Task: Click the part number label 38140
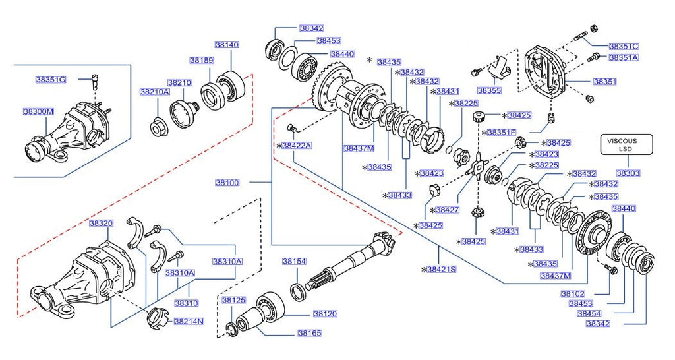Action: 227,45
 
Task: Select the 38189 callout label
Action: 202,60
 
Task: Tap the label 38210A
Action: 154,92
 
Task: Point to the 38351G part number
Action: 51,80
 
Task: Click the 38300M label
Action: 38,111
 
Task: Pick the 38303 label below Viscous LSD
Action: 628,173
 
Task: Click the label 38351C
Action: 624,46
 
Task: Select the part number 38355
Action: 489,90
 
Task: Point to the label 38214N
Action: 188,322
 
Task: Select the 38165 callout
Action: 308,334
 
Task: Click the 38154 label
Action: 294,261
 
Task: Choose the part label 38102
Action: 573,293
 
